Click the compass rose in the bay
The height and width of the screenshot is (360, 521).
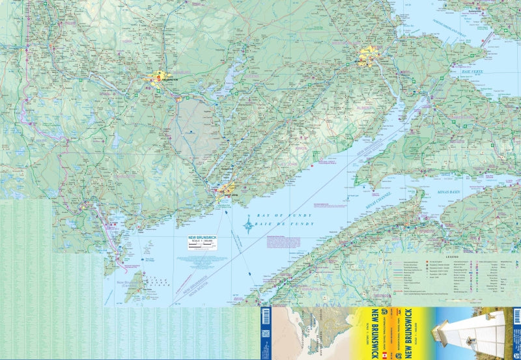tap(247, 227)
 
